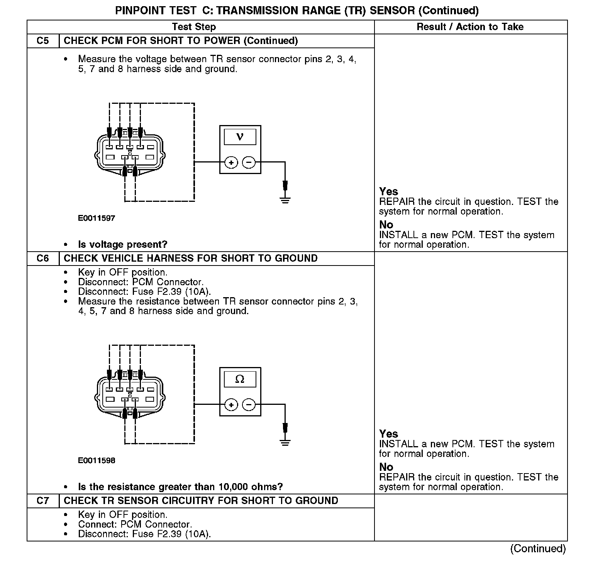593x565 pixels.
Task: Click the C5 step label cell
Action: point(43,41)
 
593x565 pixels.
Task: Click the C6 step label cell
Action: point(43,258)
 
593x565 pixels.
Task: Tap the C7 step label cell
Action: point(43,501)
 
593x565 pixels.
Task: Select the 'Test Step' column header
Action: point(194,27)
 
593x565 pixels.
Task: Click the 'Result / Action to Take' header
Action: point(470,27)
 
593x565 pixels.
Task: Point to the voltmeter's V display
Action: point(240,137)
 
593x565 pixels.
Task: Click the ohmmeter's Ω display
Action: point(240,379)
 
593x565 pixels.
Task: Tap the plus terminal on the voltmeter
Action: point(231,162)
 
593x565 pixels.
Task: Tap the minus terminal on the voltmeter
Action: point(249,162)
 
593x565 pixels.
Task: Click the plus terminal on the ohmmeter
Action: point(231,405)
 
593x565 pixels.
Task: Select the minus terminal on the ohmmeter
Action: point(249,405)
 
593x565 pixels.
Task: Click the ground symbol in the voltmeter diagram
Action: point(285,200)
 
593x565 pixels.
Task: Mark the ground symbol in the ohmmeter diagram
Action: point(285,442)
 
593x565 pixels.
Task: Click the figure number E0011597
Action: point(97,218)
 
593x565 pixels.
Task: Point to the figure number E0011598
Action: point(97,460)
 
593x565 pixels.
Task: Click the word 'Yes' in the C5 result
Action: point(388,191)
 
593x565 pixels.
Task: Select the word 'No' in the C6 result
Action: point(386,467)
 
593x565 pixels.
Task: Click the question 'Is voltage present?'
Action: point(123,244)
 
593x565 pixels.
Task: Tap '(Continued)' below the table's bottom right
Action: point(538,548)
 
